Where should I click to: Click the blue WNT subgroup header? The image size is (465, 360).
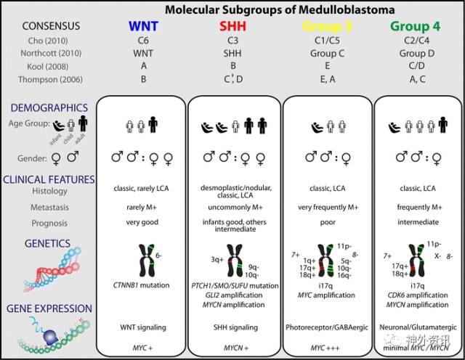tap(142, 26)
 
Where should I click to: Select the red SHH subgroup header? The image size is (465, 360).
tap(235, 26)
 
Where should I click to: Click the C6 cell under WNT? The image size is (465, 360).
tap(142, 41)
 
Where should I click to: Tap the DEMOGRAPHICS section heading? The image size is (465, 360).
tap(49, 107)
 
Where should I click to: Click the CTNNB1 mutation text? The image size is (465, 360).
tap(142, 285)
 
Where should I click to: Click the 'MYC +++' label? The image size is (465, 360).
tap(325, 347)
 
